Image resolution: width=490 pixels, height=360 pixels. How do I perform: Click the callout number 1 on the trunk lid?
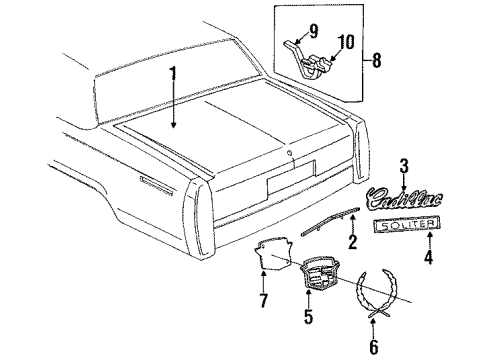click(x=172, y=73)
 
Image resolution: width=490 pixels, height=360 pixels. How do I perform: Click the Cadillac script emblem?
click(x=394, y=196)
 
